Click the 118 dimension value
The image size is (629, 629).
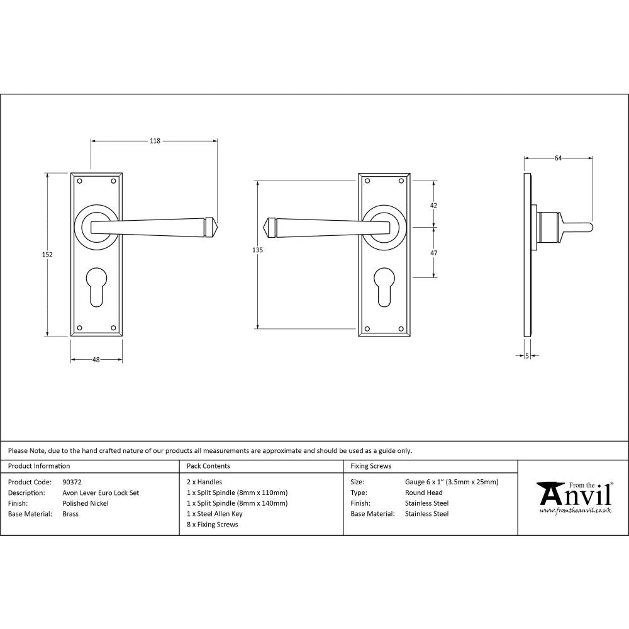click(x=154, y=141)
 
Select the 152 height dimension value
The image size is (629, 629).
click(x=48, y=254)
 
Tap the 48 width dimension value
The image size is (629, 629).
click(x=96, y=360)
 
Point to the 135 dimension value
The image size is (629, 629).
click(x=257, y=250)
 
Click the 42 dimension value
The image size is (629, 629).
click(x=433, y=205)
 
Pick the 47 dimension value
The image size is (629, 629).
click(x=433, y=252)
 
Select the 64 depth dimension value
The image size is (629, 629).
click(x=558, y=159)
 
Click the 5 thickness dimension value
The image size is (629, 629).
click(x=526, y=356)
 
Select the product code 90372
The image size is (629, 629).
click(x=72, y=482)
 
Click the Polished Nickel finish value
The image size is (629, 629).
click(x=86, y=503)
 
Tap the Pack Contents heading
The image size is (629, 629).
click(x=208, y=466)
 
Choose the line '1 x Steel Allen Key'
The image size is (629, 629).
click(x=214, y=514)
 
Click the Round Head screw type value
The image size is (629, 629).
click(x=424, y=493)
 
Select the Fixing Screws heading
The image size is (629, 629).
click(x=370, y=466)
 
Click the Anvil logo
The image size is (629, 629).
click(x=574, y=497)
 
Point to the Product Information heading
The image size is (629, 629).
click(x=39, y=466)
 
